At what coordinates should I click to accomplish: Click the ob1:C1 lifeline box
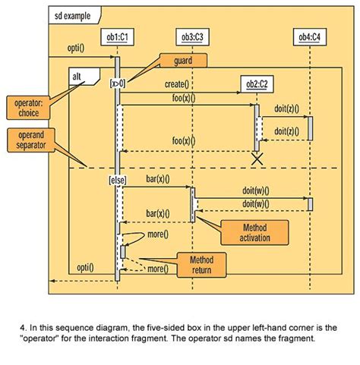coord(117,36)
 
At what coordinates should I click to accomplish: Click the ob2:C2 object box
coord(257,83)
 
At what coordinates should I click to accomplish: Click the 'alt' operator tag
coord(78,76)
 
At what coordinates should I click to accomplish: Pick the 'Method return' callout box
coord(202,265)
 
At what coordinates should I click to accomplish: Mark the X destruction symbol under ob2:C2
coord(257,159)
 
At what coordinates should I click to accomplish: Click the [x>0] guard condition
coord(117,83)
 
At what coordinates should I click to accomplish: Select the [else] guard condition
coord(117,180)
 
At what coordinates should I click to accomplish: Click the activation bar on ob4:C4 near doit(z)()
coord(310,127)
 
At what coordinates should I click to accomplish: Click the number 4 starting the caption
coord(23,329)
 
